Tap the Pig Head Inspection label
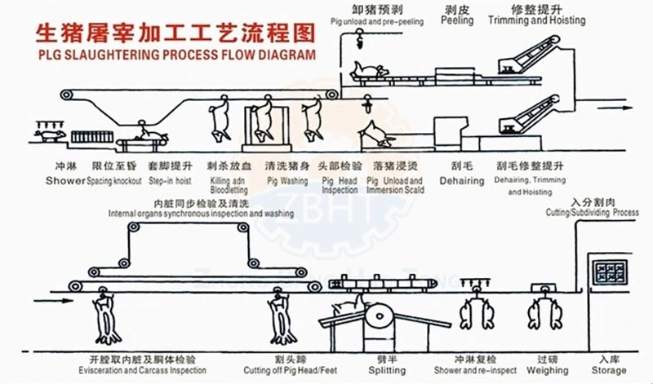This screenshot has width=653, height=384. tap(340, 185)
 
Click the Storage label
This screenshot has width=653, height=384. tap(610, 371)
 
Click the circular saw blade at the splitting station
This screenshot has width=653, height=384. tap(379, 314)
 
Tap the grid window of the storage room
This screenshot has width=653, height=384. tap(608, 272)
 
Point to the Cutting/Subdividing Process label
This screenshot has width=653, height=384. tap(591, 212)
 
